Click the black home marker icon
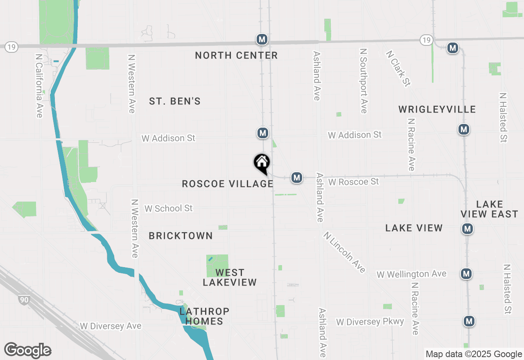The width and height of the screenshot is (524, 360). [262, 163]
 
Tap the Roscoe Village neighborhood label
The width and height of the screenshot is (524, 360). [228, 184]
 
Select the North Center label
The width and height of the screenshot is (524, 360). [236, 55]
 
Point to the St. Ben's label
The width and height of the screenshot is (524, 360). [175, 101]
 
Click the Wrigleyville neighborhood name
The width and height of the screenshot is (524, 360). [437, 109]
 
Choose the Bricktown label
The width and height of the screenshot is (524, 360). [181, 236]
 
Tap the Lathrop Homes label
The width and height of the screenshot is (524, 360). [204, 316]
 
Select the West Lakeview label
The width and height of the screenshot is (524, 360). [230, 277]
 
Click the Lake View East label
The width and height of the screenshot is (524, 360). [489, 209]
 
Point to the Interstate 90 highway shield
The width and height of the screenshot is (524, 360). [24, 300]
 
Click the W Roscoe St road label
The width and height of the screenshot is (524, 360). [354, 181]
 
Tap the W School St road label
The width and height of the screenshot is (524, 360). [168, 208]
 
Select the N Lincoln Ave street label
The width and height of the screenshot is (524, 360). [344, 252]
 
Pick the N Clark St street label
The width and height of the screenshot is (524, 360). [398, 68]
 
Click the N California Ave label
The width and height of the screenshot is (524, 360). [39, 86]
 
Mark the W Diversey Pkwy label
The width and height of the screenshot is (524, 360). [370, 322]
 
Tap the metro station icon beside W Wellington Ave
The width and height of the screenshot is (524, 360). [466, 273]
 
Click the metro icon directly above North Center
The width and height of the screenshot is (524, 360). [262, 39]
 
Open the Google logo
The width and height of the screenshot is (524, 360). [27, 351]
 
